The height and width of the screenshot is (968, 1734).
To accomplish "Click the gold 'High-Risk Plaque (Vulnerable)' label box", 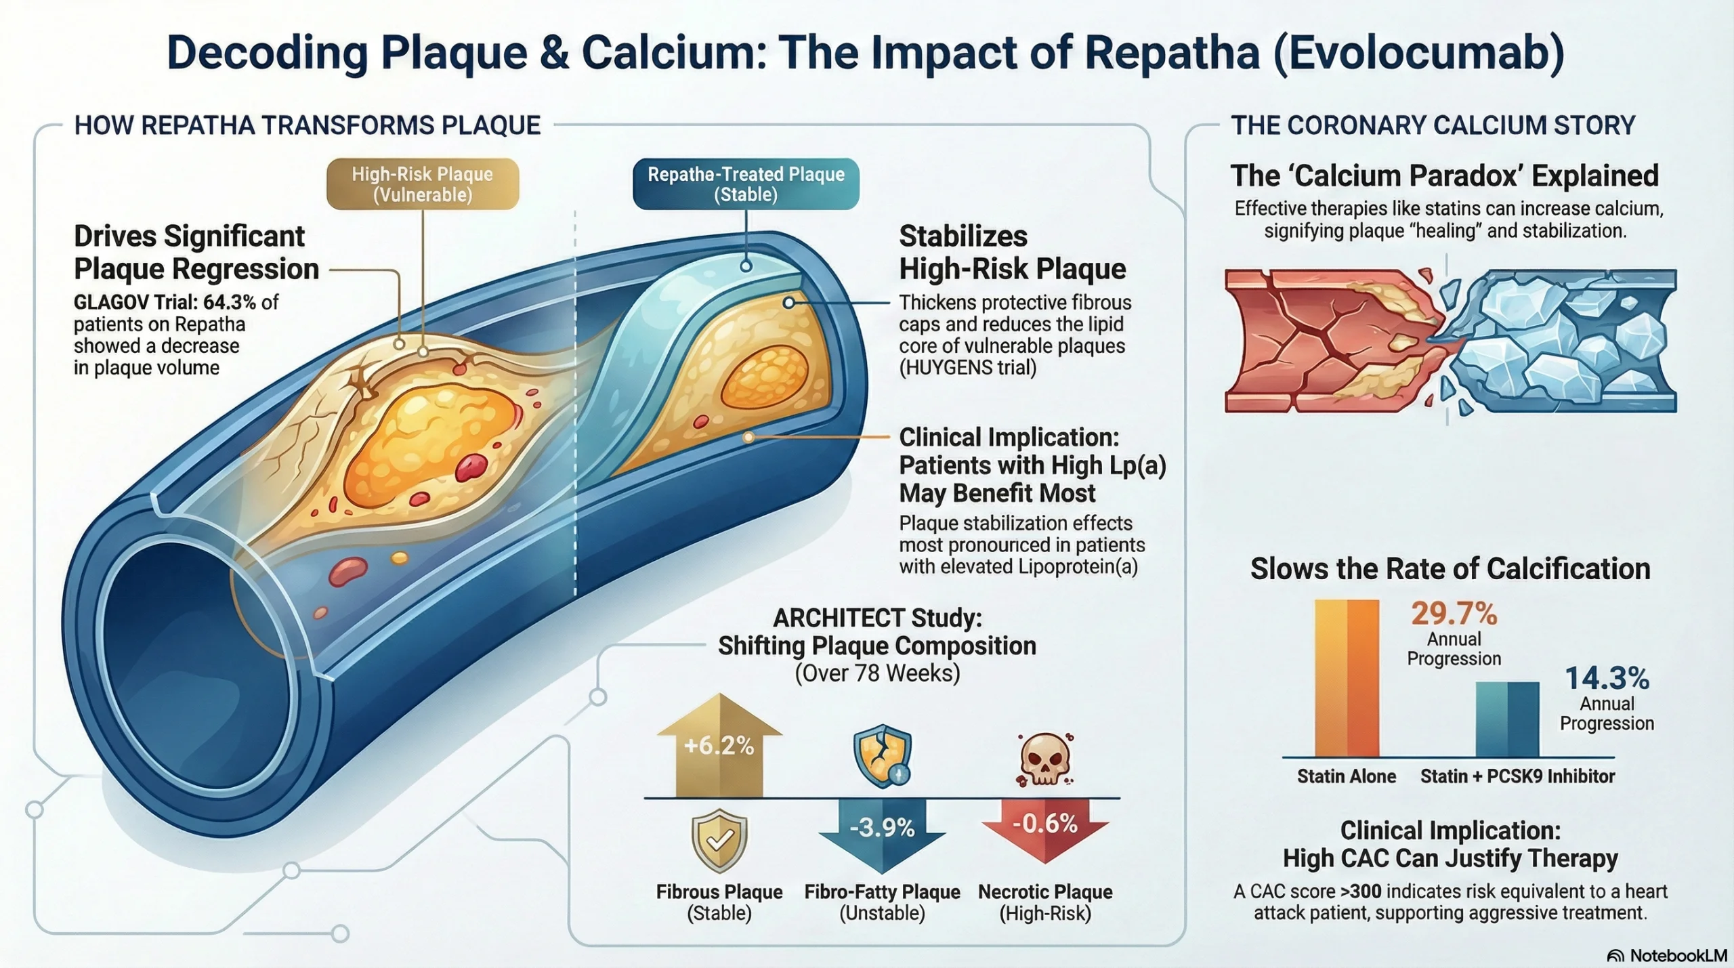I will [423, 184].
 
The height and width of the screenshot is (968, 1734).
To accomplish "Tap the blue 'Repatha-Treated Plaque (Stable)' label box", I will [746, 184].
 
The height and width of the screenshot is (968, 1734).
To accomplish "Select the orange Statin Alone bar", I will [1347, 677].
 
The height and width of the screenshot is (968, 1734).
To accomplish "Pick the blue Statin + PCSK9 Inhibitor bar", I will [1507, 719].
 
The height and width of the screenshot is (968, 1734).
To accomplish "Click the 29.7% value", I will [1454, 614].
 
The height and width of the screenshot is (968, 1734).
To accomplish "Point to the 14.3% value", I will [1607, 678].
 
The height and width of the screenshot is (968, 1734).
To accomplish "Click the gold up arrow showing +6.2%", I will [719, 745].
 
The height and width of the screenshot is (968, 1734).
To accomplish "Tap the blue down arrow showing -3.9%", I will [882, 833].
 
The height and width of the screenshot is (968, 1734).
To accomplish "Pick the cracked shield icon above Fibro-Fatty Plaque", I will [882, 756].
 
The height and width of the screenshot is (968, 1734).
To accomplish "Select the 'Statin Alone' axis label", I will [1347, 776].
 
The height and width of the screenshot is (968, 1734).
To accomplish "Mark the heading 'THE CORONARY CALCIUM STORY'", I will [1433, 125].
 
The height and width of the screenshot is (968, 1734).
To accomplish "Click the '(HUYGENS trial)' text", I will [968, 368].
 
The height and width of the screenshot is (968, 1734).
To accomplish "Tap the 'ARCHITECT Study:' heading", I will [877, 618].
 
